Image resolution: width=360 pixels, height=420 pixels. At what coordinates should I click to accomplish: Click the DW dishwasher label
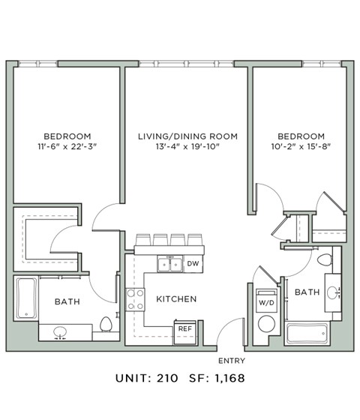pyautogui.click(x=193, y=263)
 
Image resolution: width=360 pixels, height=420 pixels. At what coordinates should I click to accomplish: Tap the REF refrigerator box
pyautogui.click(x=184, y=328)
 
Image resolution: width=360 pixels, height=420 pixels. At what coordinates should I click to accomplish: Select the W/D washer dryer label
pyautogui.click(x=266, y=302)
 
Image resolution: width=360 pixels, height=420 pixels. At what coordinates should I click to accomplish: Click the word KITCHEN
pyautogui.click(x=176, y=299)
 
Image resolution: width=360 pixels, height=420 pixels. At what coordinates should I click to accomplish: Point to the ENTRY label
pyautogui.click(x=231, y=361)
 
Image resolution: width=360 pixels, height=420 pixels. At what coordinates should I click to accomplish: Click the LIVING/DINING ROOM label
pyautogui.click(x=187, y=136)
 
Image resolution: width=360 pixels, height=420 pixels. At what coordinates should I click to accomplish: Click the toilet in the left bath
pyautogui.click(x=106, y=325)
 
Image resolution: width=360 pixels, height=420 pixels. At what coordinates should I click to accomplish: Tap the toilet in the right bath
pyautogui.click(x=324, y=261)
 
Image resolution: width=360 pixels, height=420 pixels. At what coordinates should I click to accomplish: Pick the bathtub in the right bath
pyautogui.click(x=306, y=332)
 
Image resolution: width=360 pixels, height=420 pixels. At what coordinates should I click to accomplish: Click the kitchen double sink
pyautogui.click(x=168, y=264)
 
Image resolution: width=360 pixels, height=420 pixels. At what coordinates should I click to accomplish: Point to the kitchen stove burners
pyautogui.click(x=135, y=299)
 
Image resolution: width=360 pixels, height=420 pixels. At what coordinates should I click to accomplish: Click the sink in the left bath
pyautogui.click(x=59, y=331)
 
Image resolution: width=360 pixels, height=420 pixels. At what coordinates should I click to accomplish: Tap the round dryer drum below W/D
pyautogui.click(x=266, y=325)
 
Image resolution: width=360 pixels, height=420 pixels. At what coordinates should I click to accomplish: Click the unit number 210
pyautogui.click(x=166, y=379)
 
